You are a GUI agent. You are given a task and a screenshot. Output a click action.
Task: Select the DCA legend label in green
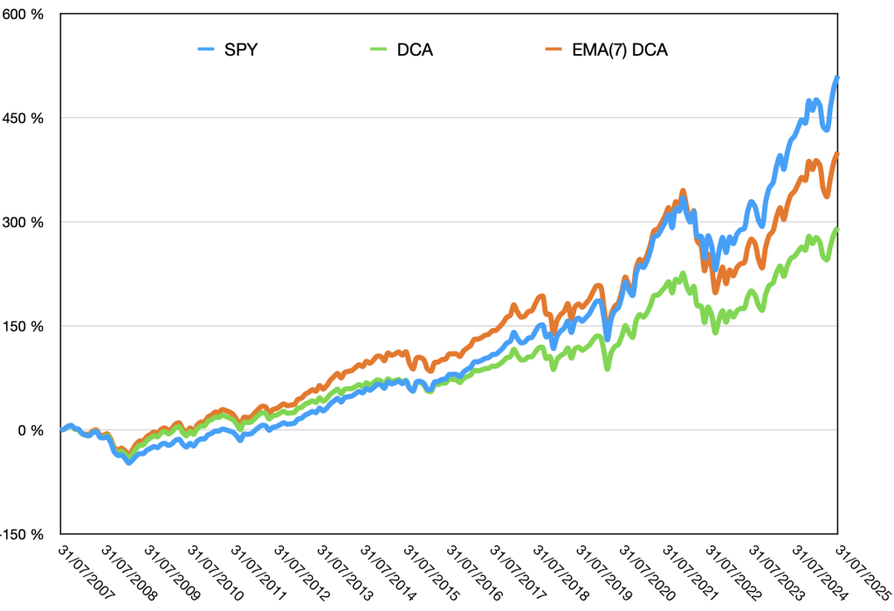(414, 50)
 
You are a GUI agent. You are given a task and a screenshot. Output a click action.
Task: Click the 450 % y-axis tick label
(25, 118)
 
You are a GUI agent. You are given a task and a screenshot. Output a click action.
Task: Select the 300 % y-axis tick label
(25, 222)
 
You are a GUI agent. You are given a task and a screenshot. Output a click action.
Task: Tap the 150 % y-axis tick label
(25, 326)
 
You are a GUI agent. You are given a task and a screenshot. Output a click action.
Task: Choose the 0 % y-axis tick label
(31, 430)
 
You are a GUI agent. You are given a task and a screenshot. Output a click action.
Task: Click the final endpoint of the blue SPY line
(837, 79)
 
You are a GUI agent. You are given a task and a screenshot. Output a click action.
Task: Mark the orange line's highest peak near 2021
(683, 190)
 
